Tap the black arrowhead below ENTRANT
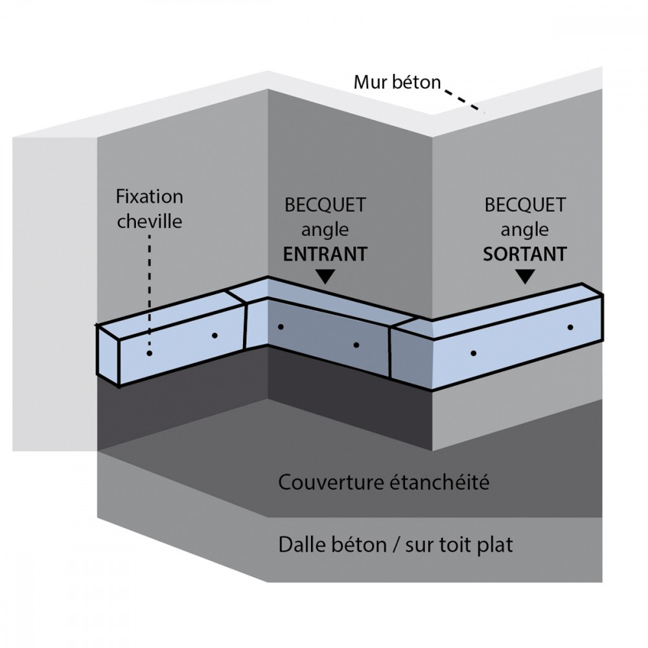(x=326, y=277)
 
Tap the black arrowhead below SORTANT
(x=526, y=277)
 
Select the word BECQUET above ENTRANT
(x=325, y=206)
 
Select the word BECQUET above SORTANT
(x=524, y=206)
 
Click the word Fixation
(x=148, y=196)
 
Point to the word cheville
(x=148, y=221)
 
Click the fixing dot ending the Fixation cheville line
(x=150, y=354)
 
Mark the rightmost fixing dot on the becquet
(x=570, y=327)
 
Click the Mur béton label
(x=397, y=82)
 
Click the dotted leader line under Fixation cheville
(x=150, y=292)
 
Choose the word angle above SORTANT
(x=524, y=229)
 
